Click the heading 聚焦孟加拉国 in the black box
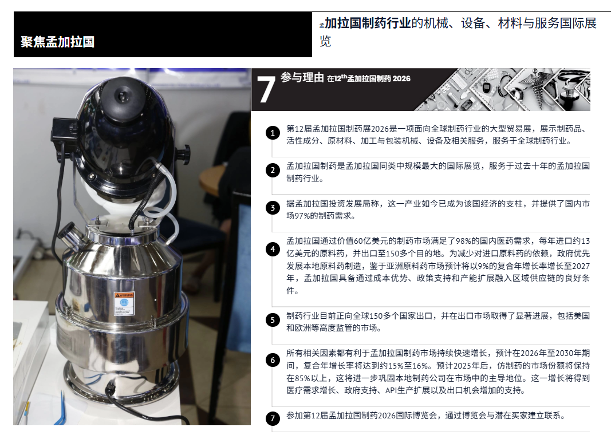57,42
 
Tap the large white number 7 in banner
266,90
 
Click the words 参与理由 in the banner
302,78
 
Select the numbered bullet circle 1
273,133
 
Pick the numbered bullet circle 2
273,170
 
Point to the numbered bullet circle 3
273,208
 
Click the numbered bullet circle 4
273,249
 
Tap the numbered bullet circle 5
273,320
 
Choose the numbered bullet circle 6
273,359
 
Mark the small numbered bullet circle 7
273,418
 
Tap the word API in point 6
392,390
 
